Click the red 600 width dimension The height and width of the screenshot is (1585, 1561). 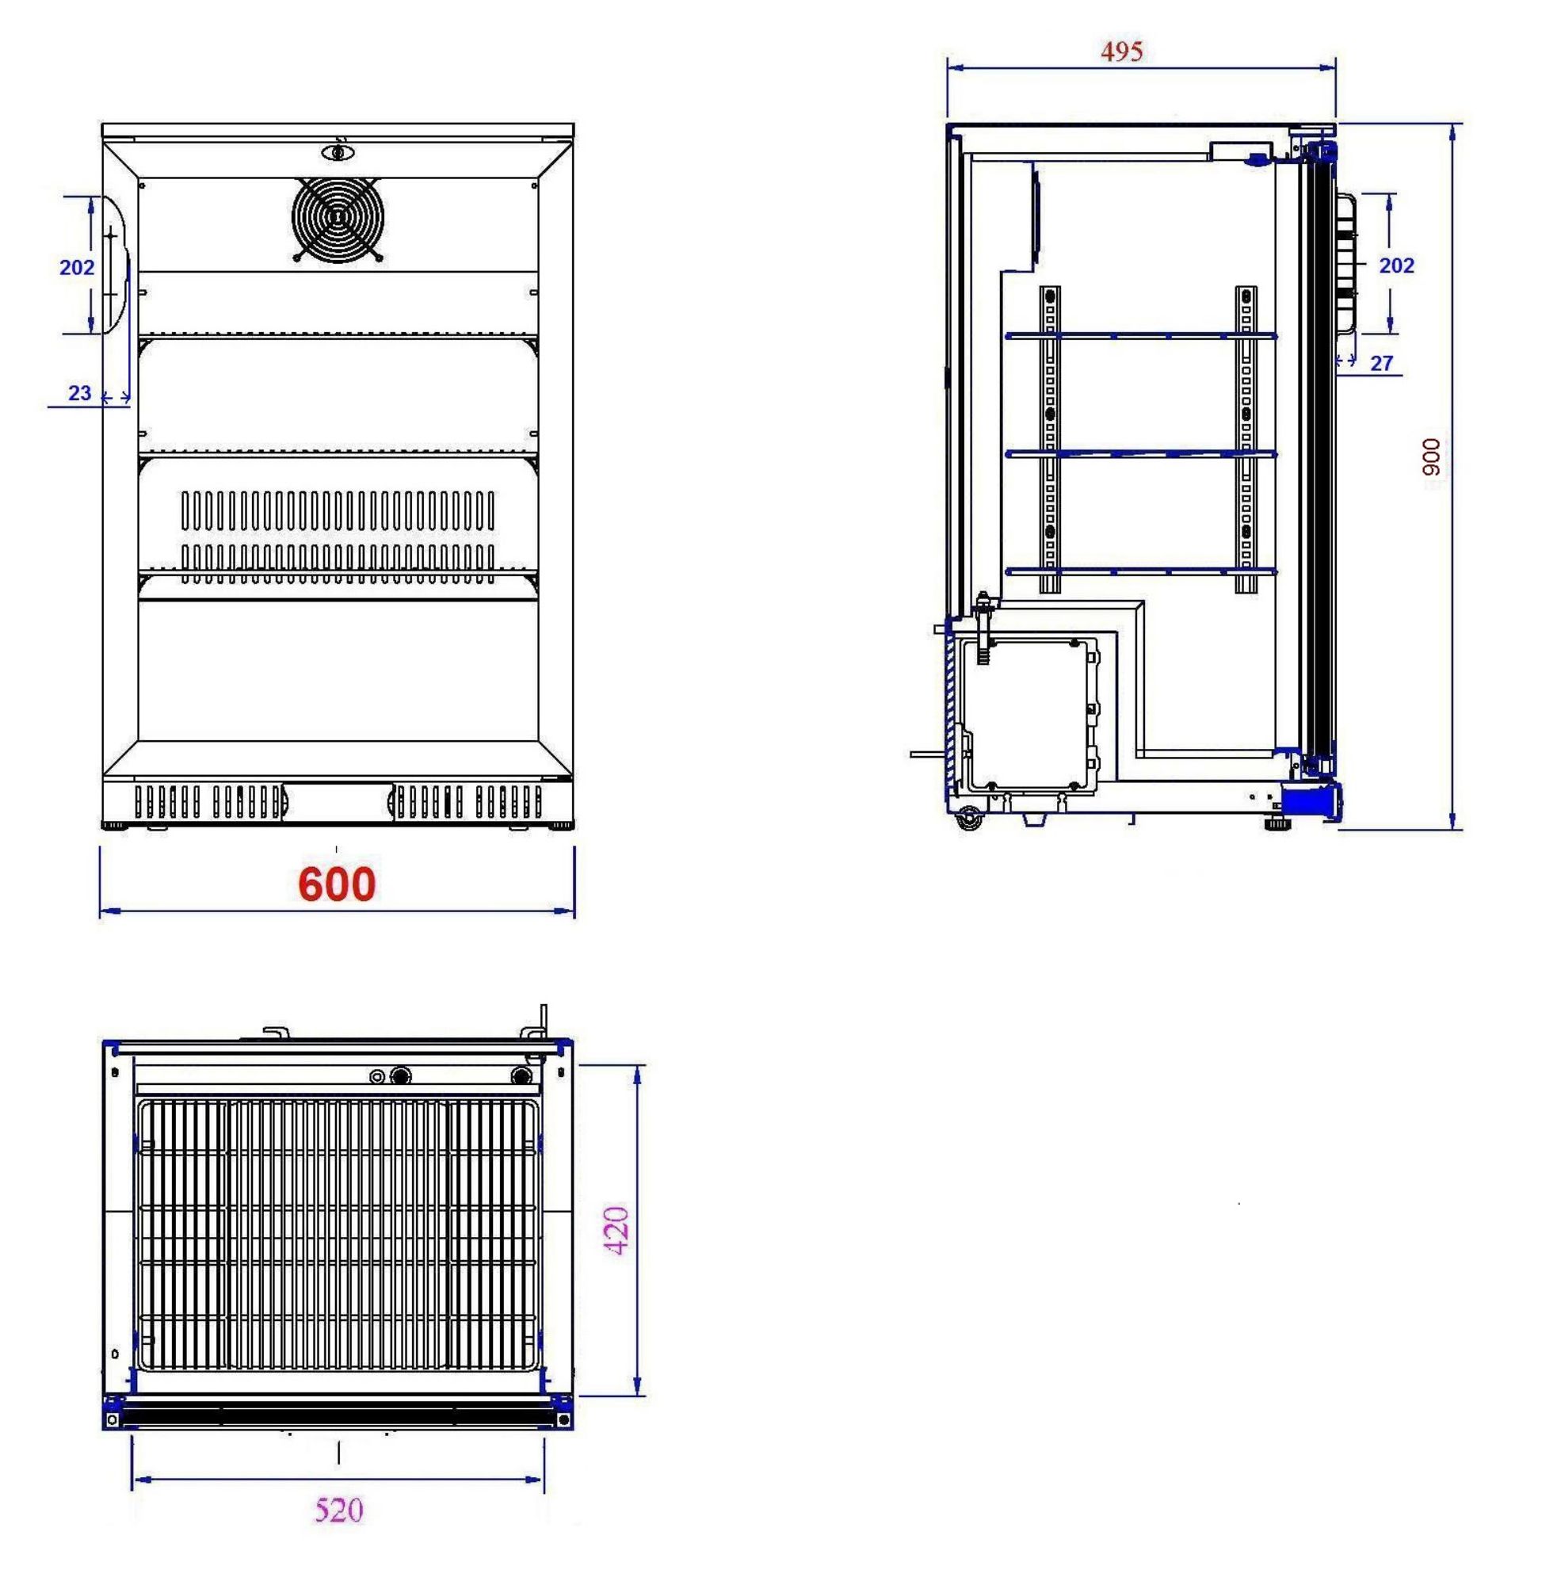pos(336,884)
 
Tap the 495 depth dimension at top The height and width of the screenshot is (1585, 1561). pos(1121,52)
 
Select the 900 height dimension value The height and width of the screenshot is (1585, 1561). pos(1430,456)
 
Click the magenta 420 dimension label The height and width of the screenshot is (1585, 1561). pos(616,1230)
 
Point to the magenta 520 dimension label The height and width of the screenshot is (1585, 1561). pos(338,1510)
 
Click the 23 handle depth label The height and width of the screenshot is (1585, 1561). pos(79,394)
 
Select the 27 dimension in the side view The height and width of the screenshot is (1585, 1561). pos(1381,363)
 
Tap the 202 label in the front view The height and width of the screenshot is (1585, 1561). pos(77,267)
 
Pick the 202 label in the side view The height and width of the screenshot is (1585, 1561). pos(1396,265)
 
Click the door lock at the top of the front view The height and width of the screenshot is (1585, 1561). pos(337,151)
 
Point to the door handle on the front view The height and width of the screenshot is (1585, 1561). pos(115,264)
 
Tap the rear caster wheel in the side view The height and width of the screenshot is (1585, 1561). pos(969,819)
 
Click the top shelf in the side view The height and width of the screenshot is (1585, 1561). pos(1139,335)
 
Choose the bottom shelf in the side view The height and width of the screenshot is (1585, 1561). pos(1139,571)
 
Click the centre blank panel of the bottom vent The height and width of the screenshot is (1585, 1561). pos(337,800)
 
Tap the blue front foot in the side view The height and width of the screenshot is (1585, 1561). pos(1310,800)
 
